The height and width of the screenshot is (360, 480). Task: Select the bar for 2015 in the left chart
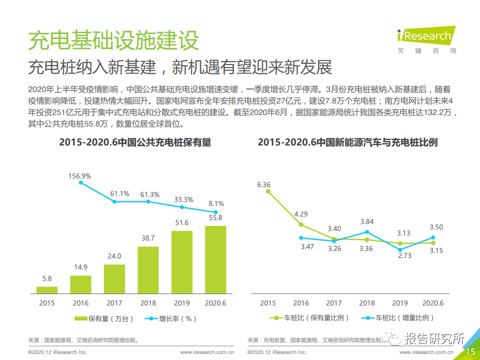tap(47, 289)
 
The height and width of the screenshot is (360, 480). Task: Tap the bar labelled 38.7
tap(148, 269)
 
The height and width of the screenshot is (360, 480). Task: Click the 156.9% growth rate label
tap(80, 176)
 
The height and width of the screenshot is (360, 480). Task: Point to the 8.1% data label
tap(215, 203)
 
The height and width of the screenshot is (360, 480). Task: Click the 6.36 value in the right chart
tap(264, 184)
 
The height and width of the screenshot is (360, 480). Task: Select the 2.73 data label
tap(400, 255)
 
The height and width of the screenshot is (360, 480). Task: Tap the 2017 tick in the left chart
tap(114, 303)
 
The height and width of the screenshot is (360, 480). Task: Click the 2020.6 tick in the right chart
tap(432, 303)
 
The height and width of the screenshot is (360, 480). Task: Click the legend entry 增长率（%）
tap(170, 318)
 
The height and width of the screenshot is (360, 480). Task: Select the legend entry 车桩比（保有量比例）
tap(310, 317)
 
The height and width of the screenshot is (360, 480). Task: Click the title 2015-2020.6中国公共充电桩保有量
tap(135, 142)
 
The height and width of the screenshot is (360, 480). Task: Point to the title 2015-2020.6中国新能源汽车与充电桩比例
tap(347, 142)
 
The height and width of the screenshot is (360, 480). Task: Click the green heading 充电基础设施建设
tap(113, 40)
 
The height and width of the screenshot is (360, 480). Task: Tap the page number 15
tap(470, 352)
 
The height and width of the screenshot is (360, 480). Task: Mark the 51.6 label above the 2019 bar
tap(181, 222)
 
